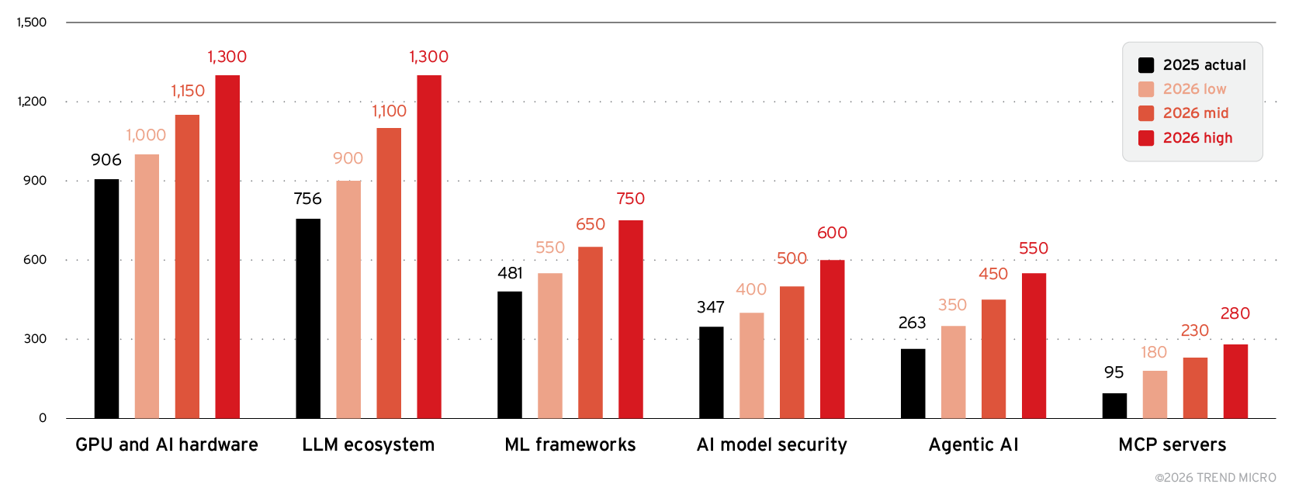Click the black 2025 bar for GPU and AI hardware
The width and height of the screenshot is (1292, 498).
(106, 299)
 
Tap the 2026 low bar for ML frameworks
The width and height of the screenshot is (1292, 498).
(550, 346)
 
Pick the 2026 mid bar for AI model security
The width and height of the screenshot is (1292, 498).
(792, 352)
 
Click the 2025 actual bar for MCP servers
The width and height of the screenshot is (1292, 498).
(1114, 406)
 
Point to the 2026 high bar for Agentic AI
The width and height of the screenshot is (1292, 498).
(1034, 346)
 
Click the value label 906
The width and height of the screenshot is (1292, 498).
(106, 160)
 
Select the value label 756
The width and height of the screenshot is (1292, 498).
(307, 199)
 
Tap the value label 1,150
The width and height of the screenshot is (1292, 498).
(188, 91)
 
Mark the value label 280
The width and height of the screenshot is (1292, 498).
(1235, 313)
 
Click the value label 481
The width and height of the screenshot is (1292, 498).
(510, 273)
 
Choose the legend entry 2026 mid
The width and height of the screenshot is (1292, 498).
(1195, 113)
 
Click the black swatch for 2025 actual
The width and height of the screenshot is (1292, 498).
(1146, 65)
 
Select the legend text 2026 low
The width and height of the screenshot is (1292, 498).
(1194, 89)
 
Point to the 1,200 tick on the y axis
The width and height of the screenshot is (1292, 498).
(32, 102)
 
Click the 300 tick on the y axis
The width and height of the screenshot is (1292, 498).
(35, 339)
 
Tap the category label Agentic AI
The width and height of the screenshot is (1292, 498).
(973, 444)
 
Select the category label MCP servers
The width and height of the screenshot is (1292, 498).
(1172, 444)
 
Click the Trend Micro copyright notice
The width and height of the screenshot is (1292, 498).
(1215, 478)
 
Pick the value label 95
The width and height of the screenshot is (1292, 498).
(1114, 372)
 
